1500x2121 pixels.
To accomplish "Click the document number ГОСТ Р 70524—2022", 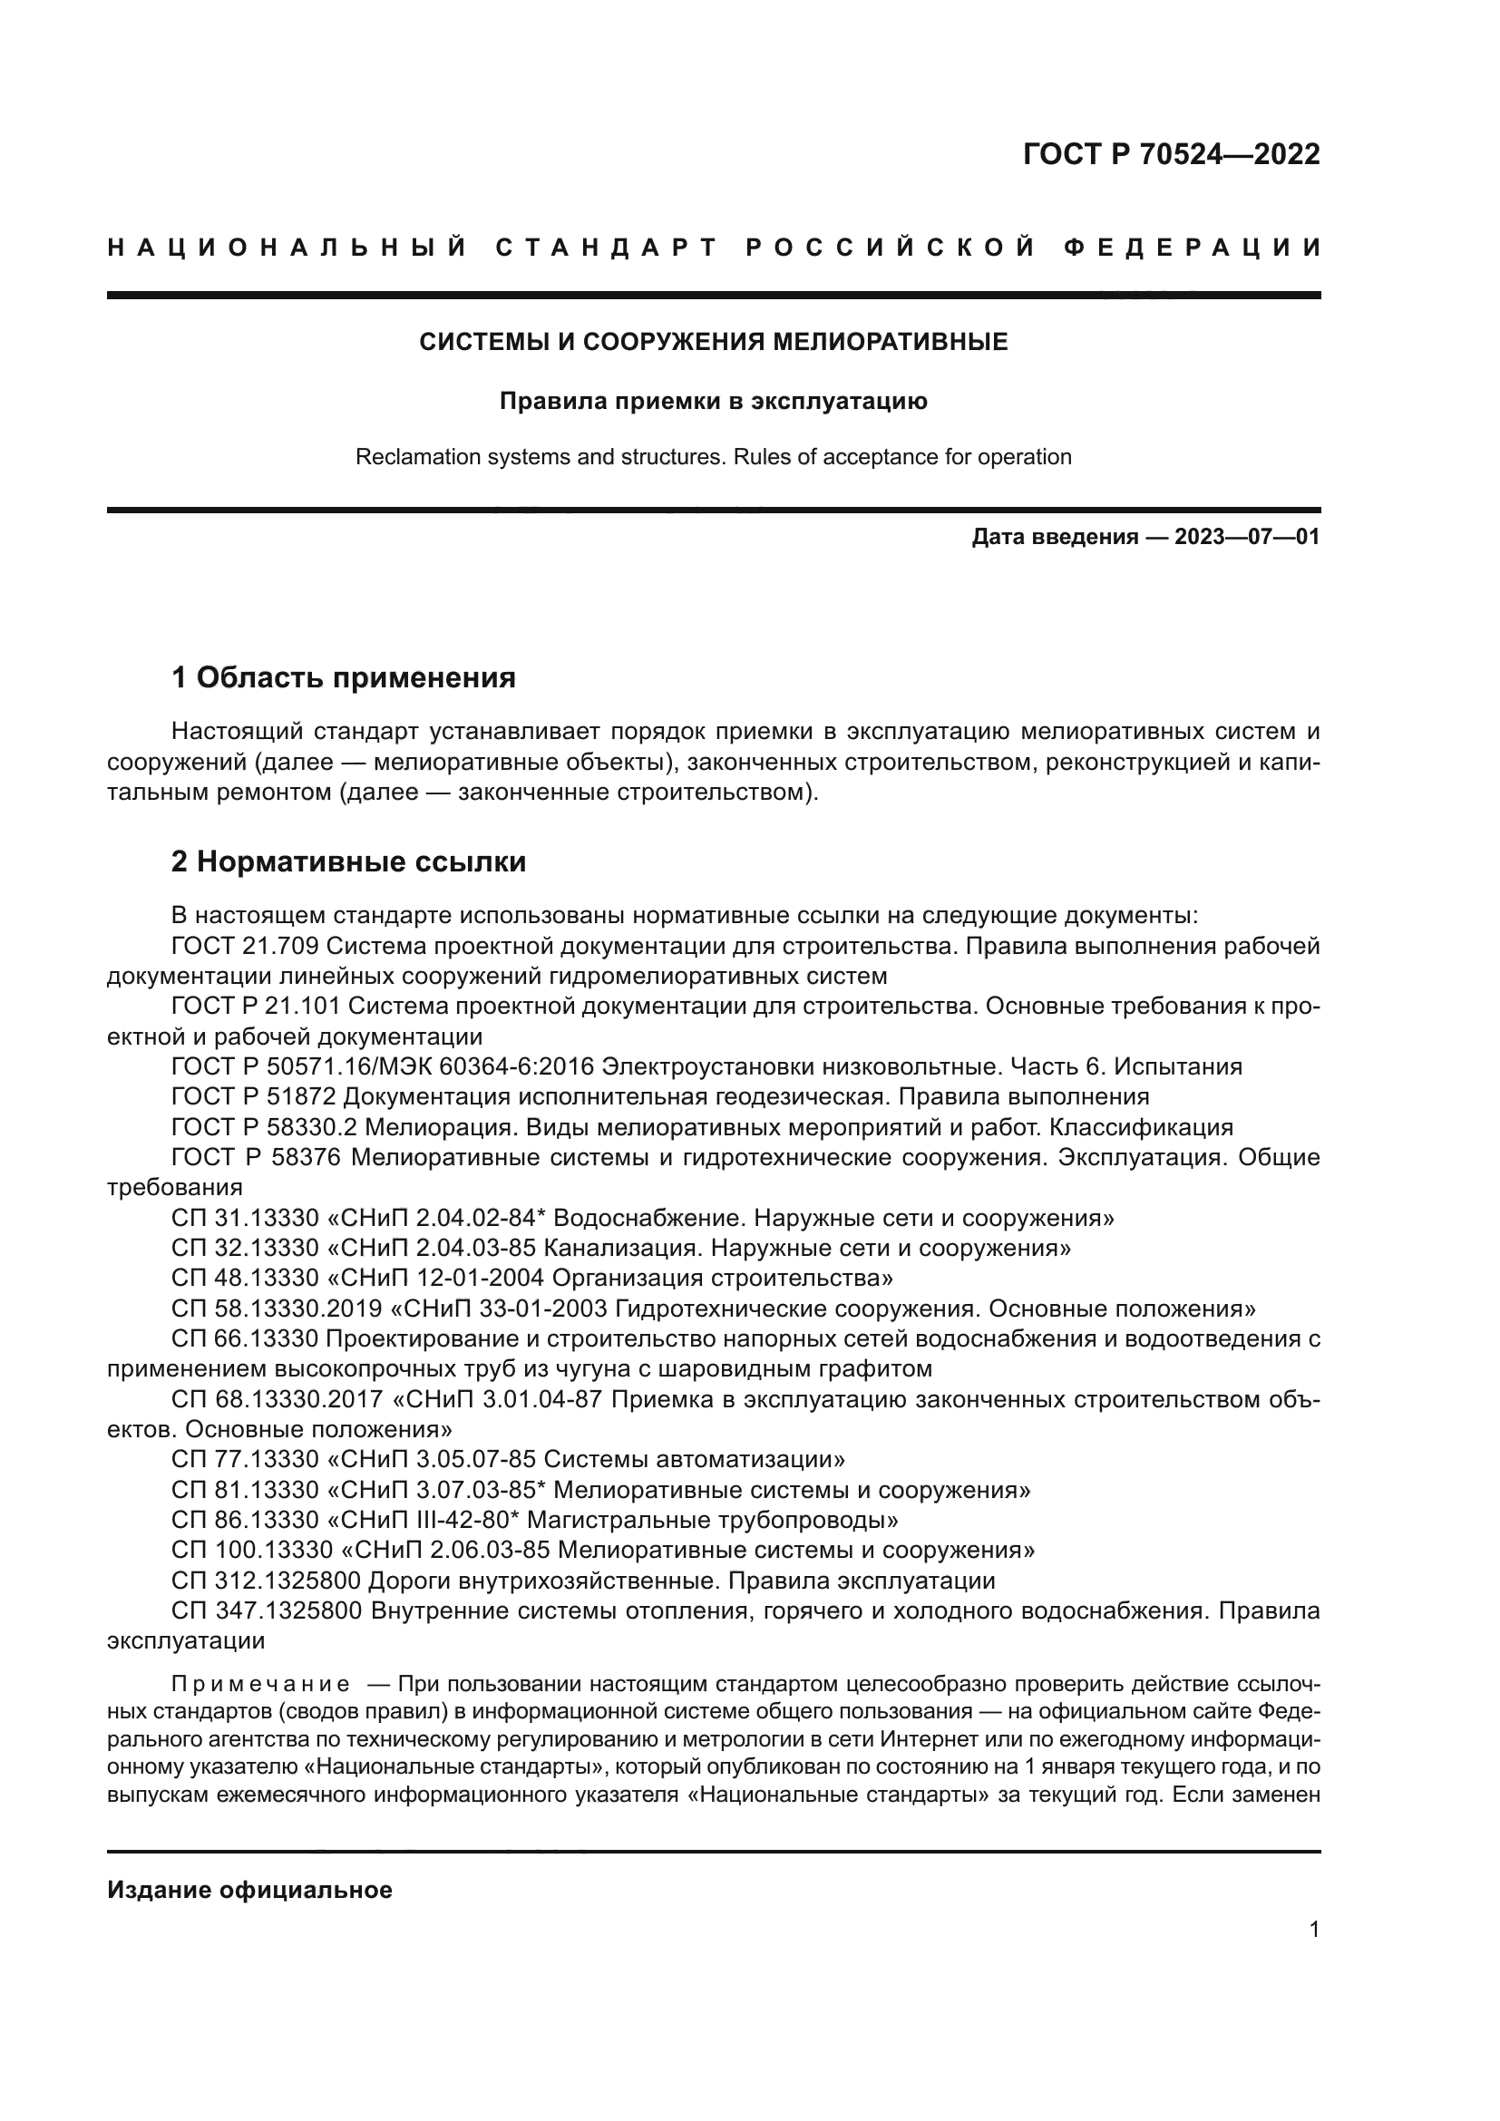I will [x=1170, y=153].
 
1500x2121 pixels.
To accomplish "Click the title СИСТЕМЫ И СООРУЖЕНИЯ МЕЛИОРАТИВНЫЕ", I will [x=713, y=343].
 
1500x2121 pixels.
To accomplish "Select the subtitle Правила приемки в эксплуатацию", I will [x=713, y=402].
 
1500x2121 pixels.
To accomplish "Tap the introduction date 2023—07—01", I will [x=1247, y=537].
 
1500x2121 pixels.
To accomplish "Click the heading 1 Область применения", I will [x=343, y=677].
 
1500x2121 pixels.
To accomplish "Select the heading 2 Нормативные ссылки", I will [x=348, y=861].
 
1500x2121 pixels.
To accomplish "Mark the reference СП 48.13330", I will [x=244, y=1278].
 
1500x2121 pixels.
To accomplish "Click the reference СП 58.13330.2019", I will [x=277, y=1309].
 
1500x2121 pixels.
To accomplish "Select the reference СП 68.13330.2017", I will [x=277, y=1398].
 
